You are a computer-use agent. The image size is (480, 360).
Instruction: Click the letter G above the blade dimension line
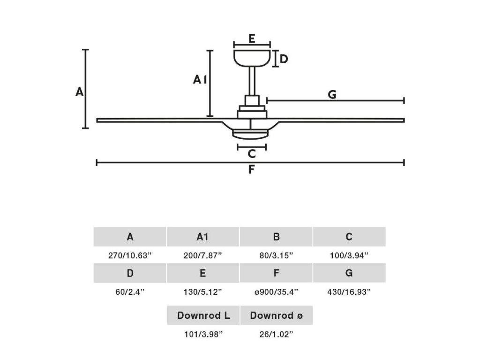coord(332,95)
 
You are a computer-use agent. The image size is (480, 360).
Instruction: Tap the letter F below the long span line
coord(251,170)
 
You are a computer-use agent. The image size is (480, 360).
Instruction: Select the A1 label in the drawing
coord(200,80)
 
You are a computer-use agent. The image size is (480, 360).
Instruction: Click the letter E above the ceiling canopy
coord(252,38)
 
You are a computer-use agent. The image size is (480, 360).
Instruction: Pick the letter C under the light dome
coord(252,153)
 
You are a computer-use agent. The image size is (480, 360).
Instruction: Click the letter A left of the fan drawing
coord(80,92)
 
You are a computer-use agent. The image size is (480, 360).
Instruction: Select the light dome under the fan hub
coord(251,134)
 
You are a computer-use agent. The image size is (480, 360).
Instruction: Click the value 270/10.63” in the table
coord(130,255)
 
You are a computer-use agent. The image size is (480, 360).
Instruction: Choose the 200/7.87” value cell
coord(202,255)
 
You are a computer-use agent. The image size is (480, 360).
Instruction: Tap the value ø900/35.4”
coord(276,292)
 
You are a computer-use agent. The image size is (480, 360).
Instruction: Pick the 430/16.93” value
coord(349,292)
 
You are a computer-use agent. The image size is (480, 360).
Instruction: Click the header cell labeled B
coord(276,237)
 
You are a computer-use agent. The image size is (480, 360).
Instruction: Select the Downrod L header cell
coord(203,315)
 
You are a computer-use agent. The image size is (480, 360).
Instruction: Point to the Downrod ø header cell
coord(276,315)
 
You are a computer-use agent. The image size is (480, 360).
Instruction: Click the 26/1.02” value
coord(276,334)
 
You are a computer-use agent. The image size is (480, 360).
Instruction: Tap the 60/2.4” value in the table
coord(130,292)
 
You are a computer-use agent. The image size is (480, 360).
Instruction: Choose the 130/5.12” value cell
coord(202,292)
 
